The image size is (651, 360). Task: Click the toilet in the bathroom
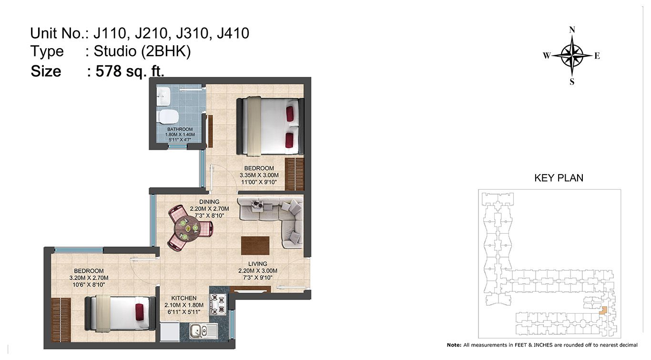[167, 117]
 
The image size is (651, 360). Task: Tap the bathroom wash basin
[163, 97]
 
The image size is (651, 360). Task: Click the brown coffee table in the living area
[255, 246]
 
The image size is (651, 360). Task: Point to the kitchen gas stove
[218, 305]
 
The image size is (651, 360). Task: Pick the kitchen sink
[203, 331]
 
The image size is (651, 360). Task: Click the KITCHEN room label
[183, 298]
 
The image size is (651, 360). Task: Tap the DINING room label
[209, 202]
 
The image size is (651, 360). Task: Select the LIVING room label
[257, 264]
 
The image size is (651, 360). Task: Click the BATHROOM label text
[180, 129]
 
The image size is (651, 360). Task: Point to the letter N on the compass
[572, 30]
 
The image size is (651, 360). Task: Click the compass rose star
[572, 55]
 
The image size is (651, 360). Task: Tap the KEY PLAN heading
[559, 178]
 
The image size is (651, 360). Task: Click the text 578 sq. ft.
[130, 71]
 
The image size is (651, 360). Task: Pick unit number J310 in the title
[192, 33]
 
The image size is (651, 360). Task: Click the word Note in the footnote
[453, 345]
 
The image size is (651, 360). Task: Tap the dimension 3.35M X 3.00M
[259, 175]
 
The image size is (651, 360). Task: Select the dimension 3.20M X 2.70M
[89, 278]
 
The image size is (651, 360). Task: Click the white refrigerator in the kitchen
[170, 332]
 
